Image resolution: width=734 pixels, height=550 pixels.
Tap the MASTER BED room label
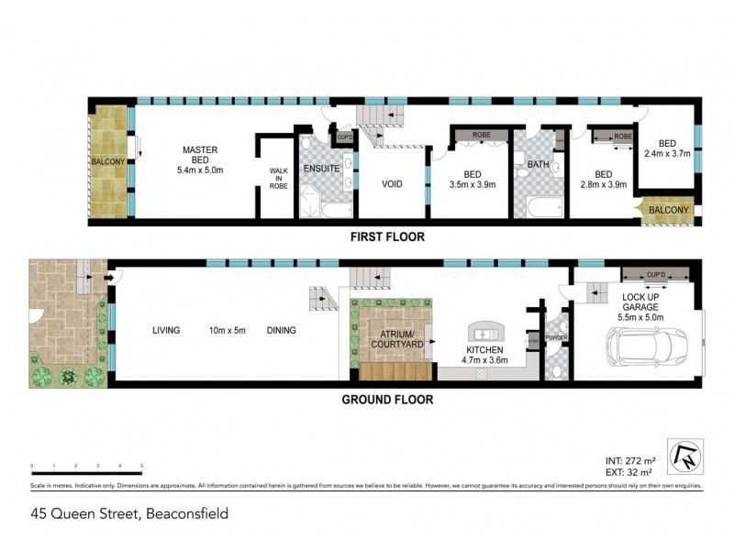(x=199, y=149)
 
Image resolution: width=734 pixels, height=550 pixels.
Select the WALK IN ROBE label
(x=278, y=178)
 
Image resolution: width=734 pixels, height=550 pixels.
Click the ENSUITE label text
(x=322, y=169)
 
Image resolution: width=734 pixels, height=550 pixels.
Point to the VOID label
(x=394, y=183)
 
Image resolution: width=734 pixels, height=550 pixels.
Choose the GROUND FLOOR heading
(x=387, y=400)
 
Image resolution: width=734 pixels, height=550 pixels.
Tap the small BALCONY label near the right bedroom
(x=669, y=211)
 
